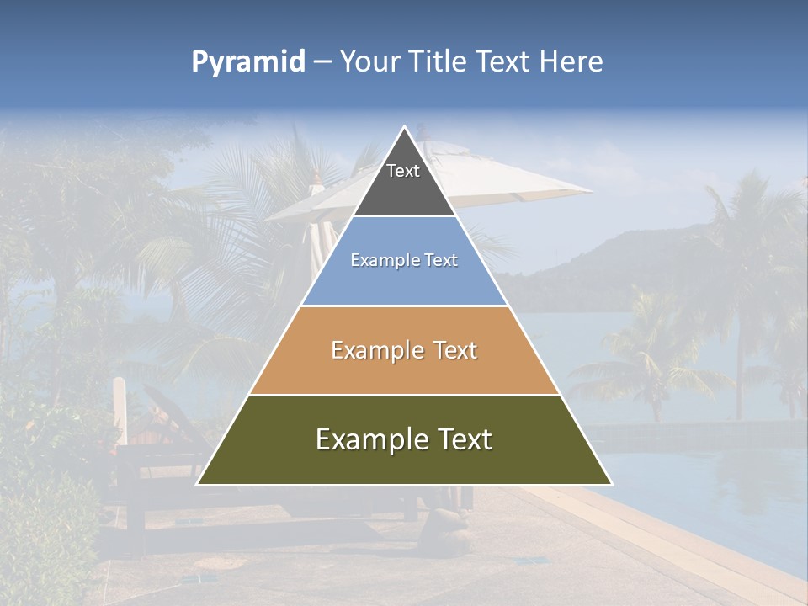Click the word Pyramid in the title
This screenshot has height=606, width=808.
(x=247, y=62)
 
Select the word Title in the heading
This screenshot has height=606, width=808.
(x=437, y=62)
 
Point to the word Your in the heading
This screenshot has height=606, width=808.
(x=370, y=62)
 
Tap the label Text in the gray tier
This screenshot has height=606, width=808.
(x=403, y=171)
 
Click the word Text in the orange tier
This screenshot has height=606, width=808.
(x=453, y=350)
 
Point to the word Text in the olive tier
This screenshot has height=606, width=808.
(x=463, y=439)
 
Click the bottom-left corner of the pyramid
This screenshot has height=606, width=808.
(x=198, y=484)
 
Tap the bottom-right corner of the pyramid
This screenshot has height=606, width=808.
(x=611, y=484)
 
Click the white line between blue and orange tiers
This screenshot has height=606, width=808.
(x=404, y=306)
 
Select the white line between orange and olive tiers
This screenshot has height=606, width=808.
(x=404, y=395)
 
